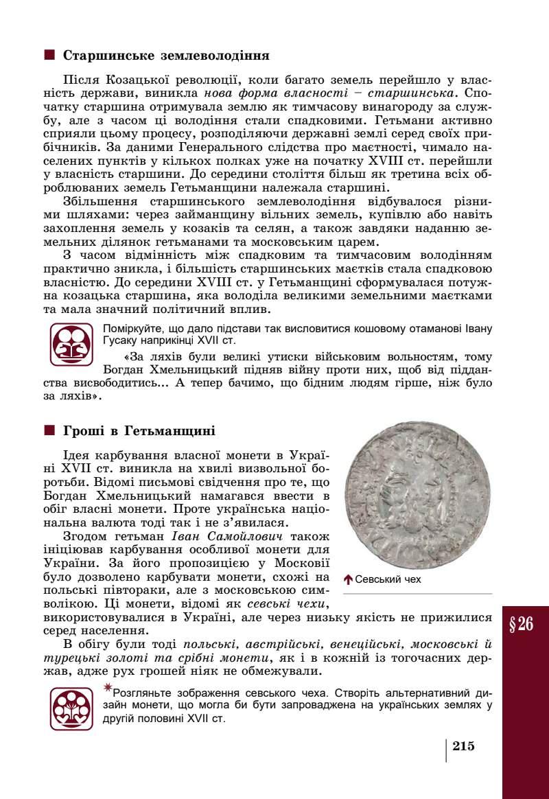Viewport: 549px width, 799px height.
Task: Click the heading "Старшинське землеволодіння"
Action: pyautogui.click(x=165, y=56)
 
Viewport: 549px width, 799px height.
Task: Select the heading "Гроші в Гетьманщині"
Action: pyautogui.click(x=139, y=431)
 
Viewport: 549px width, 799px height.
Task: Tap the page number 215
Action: pyautogui.click(x=464, y=747)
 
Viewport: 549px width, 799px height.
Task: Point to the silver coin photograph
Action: pyautogui.click(x=418, y=496)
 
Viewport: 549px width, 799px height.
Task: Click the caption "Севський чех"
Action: pyautogui.click(x=388, y=580)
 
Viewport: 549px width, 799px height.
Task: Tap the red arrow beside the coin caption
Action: pyautogui.click(x=348, y=580)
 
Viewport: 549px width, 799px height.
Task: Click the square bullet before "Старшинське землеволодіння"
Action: pyautogui.click(x=49, y=55)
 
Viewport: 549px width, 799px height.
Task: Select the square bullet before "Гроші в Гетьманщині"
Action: pyautogui.click(x=49, y=431)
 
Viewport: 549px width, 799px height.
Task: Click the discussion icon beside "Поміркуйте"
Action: pyautogui.click(x=71, y=344)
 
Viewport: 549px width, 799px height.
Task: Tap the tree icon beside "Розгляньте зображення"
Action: pyautogui.click(x=71, y=708)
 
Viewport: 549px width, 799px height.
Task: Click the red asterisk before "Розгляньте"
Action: pyautogui.click(x=107, y=687)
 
